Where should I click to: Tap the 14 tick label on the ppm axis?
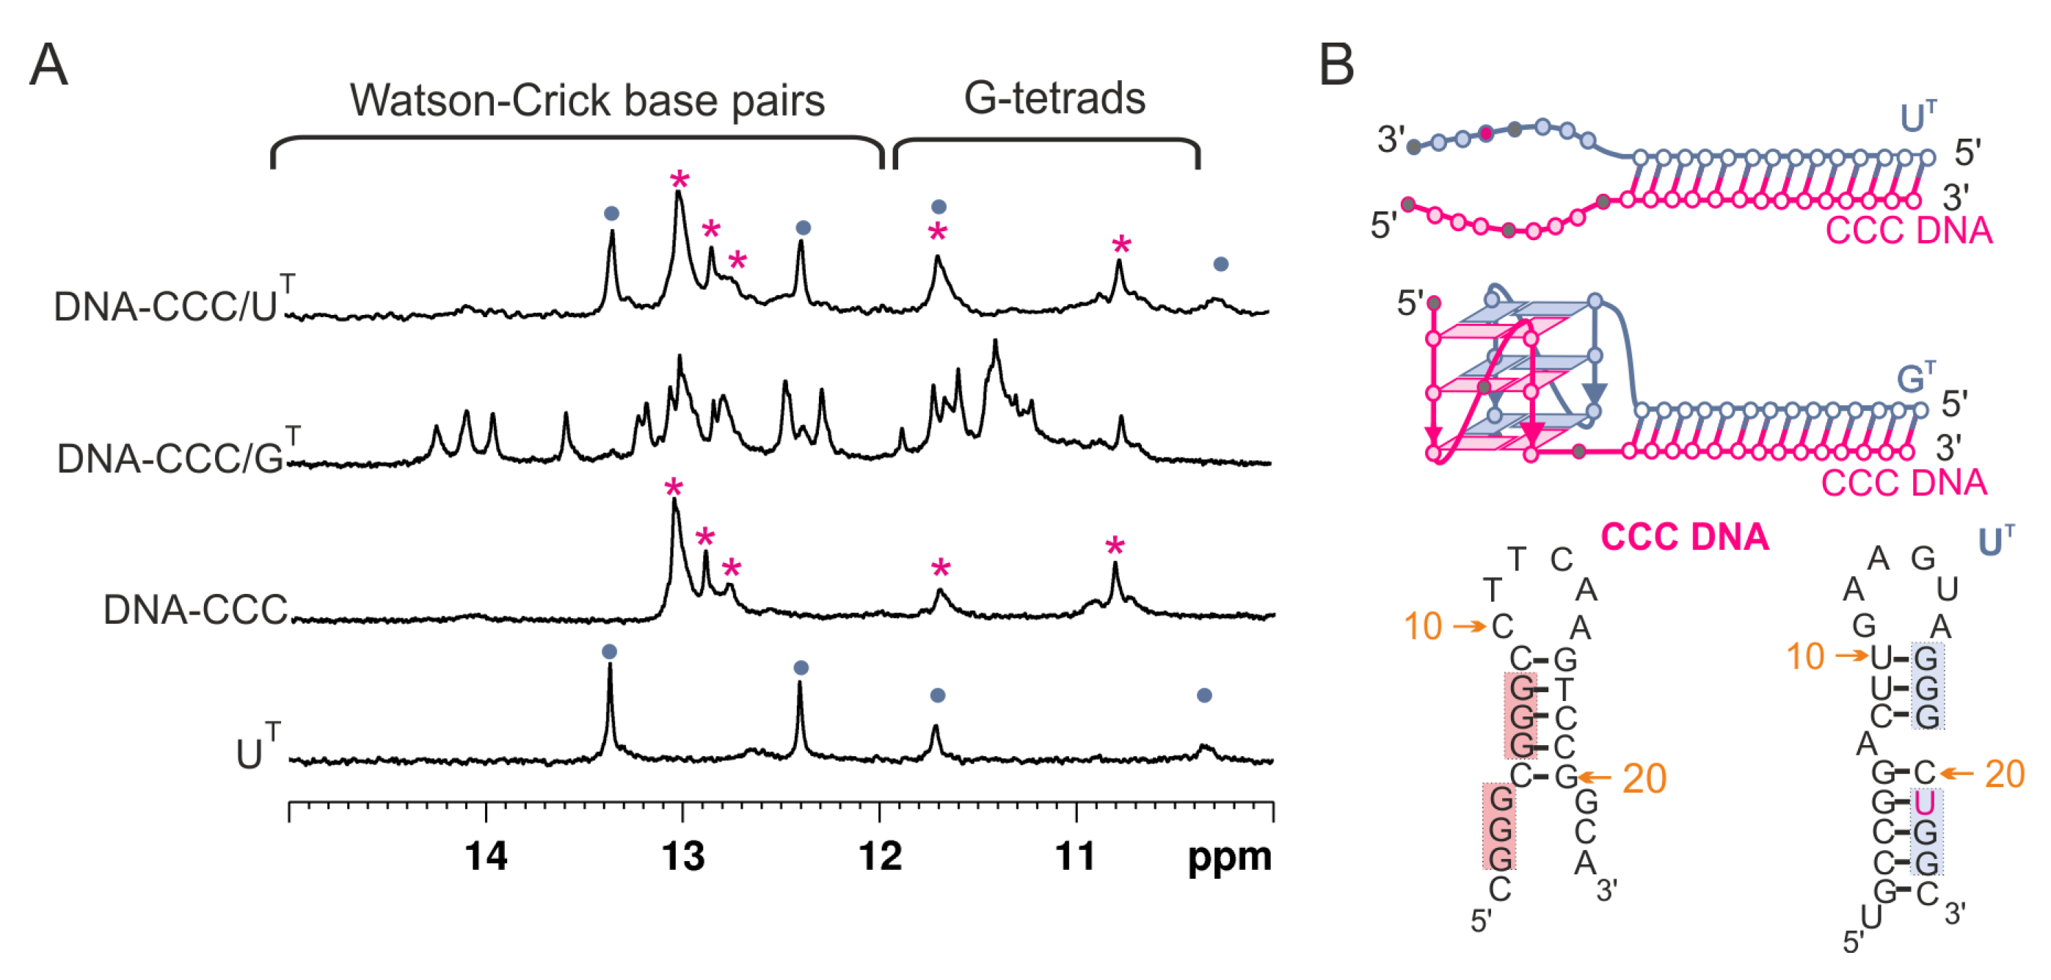486,856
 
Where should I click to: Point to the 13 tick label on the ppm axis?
683,856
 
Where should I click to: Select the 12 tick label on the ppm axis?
880,856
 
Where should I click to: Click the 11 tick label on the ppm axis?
1076,856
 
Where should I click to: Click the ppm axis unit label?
1228,857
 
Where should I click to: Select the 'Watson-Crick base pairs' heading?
587,101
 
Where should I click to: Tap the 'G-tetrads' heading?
1054,99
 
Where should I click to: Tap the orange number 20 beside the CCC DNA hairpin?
1644,778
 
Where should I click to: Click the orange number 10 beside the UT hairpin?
1804,656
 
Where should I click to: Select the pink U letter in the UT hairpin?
1924,803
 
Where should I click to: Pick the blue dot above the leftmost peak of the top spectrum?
611,214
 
